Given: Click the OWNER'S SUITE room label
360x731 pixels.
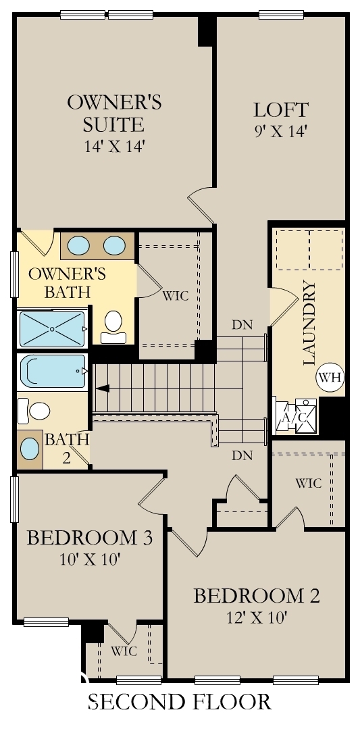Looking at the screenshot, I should click(x=114, y=113).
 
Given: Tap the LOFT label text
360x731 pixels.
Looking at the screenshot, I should click(x=280, y=109).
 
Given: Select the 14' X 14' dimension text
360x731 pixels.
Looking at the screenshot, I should click(x=114, y=146).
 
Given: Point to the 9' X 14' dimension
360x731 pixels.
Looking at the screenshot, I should click(x=280, y=130).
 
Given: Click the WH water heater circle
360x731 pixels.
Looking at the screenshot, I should click(x=329, y=377).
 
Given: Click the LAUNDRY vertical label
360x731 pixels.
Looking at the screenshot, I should click(x=309, y=324).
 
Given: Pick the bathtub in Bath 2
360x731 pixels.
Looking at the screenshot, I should click(x=53, y=371).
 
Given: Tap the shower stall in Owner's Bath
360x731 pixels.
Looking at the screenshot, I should click(x=51, y=328).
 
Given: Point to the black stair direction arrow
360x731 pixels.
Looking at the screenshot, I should click(x=103, y=388).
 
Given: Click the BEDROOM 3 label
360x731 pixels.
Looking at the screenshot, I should click(x=89, y=538).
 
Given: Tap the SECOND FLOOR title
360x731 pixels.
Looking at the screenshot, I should click(x=180, y=702).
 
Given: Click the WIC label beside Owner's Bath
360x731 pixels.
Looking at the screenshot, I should click(x=175, y=296).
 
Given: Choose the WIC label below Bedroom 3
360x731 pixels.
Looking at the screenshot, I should click(x=124, y=651).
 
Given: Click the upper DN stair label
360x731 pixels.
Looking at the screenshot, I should click(x=241, y=324).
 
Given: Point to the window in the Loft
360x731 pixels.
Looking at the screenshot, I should click(x=281, y=14).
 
